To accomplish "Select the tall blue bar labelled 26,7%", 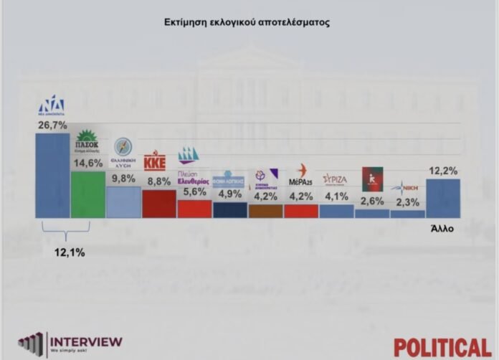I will pos(52,175).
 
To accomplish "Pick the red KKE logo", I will pos(155,159).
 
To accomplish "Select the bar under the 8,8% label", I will pos(158,204).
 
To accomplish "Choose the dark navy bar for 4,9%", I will pos(229,209).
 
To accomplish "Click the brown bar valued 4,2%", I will pos(265,211).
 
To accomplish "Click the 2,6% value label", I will pos(371,200).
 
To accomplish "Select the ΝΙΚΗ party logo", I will pos(407,187).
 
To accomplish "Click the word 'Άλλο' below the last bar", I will pos(442,229).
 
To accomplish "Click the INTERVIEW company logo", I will pos(70,344).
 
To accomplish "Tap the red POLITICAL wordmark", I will pos(442,346).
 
